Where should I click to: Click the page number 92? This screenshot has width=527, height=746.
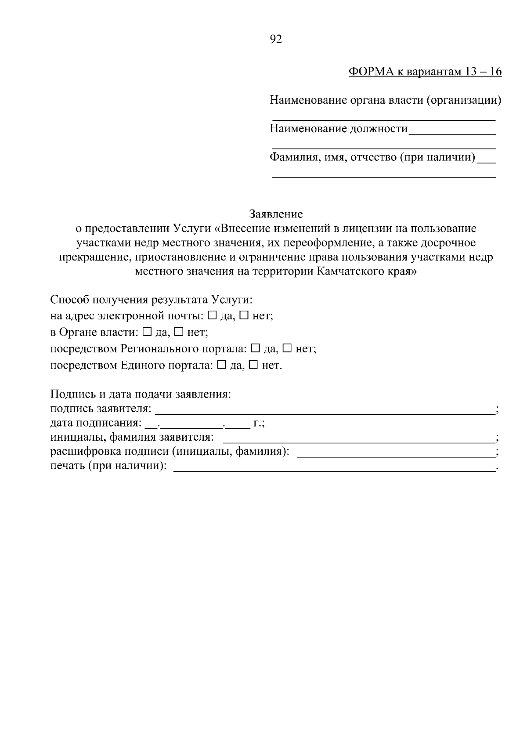tap(275, 40)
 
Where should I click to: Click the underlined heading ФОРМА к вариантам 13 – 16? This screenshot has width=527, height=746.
tap(425, 72)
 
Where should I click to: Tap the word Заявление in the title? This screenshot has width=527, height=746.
tap(276, 214)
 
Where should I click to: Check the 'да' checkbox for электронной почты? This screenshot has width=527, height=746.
tap(212, 315)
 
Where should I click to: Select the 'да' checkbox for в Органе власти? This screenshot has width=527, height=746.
tap(148, 332)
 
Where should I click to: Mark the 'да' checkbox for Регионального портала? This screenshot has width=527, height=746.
tap(255, 348)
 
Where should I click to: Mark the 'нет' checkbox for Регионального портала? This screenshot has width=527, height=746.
tap(287, 348)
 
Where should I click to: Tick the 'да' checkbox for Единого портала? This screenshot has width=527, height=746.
tap(222, 365)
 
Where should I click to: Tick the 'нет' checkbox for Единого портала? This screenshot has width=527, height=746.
tap(253, 365)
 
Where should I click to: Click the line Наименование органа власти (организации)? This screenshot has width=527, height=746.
tap(385, 101)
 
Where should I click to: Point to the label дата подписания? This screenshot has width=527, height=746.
tap(96, 423)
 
